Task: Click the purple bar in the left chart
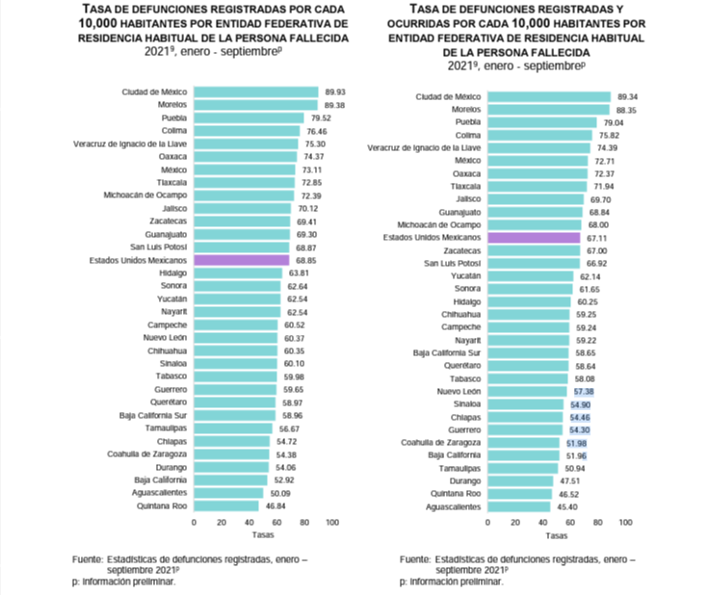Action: [241, 260]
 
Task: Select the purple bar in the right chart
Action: [534, 237]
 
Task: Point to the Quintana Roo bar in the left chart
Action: [226, 504]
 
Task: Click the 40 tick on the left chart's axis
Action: [249, 523]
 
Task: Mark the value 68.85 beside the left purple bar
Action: [307, 260]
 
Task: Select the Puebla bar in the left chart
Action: [249, 117]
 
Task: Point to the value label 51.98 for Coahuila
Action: [577, 443]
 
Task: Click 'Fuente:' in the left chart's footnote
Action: [88, 558]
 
